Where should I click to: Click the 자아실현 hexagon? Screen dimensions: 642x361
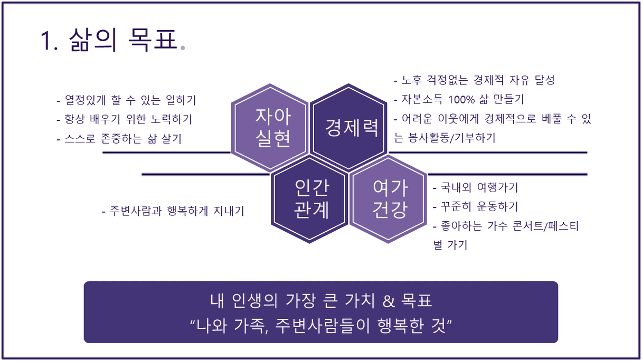coord(270,128)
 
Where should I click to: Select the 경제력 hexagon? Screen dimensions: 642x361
coord(348,128)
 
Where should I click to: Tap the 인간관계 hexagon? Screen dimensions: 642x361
coord(309,199)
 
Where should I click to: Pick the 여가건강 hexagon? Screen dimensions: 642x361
coord(388,199)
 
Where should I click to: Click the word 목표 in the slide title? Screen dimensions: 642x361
coord(153,40)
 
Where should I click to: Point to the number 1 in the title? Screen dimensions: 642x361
coord(46,41)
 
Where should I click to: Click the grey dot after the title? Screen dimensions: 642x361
coord(183,48)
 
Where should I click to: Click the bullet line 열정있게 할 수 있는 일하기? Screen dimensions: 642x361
coord(126,100)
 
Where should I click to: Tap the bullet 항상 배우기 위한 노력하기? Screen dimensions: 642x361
coord(125,119)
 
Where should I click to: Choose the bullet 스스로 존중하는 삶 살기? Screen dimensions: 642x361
coord(119,139)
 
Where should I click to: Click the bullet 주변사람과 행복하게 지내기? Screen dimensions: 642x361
coord(173,211)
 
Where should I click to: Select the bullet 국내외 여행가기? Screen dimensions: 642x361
coord(476,187)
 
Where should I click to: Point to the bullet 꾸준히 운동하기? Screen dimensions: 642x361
coord(476,206)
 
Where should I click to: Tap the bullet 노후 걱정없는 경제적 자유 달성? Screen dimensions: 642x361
coord(474,80)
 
